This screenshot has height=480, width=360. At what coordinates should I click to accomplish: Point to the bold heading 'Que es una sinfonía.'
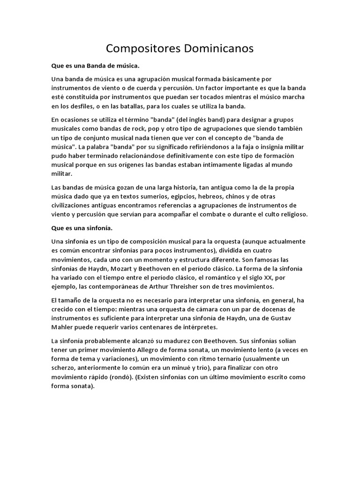82,228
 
